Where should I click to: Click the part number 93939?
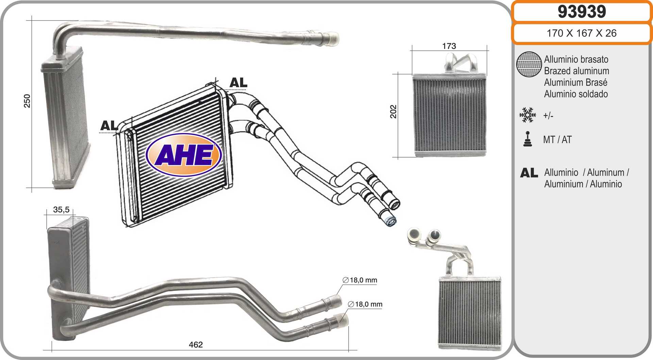pos(582,12)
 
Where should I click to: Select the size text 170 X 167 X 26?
pos(582,33)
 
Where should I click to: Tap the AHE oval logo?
pos(184,155)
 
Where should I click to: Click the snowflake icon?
pos(528,115)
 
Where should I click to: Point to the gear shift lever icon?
pos(528,139)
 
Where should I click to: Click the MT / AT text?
pos(557,140)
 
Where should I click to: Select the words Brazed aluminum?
pos(576,71)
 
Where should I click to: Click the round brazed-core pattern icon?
pos(529,64)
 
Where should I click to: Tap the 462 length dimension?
pos(196,345)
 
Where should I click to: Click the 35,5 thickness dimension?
pos(61,210)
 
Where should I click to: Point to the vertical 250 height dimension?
pos(27,101)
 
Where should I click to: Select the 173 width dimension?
pos(449,46)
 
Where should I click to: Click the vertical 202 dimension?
pos(393,112)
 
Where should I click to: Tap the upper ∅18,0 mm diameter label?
pos(360,280)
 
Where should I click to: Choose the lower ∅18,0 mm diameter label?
pos(365,304)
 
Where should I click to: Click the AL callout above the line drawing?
pos(238,83)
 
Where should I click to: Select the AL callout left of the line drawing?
pos(109,126)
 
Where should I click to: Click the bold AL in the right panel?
pos(529,173)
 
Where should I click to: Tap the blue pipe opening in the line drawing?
pos(390,222)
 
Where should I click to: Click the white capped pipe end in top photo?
pos(331,38)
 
